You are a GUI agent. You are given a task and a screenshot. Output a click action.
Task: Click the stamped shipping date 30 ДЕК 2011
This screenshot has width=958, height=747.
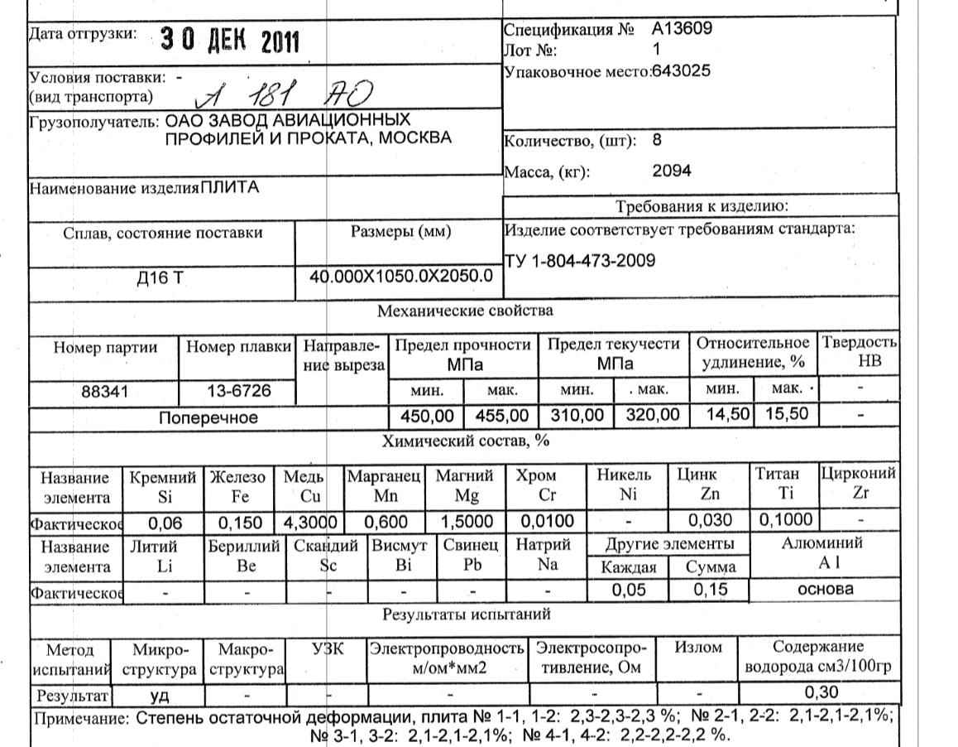229,39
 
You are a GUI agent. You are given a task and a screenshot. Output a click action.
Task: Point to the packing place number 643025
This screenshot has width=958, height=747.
681,70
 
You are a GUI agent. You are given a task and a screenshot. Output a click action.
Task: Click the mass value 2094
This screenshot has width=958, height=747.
671,171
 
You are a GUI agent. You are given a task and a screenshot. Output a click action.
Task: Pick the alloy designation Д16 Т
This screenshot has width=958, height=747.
162,277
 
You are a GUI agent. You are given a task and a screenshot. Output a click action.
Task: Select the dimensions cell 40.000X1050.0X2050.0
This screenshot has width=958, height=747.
400,276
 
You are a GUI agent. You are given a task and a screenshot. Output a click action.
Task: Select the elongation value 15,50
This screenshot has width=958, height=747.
786,414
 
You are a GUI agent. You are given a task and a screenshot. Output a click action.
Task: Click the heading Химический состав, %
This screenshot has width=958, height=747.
463,441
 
